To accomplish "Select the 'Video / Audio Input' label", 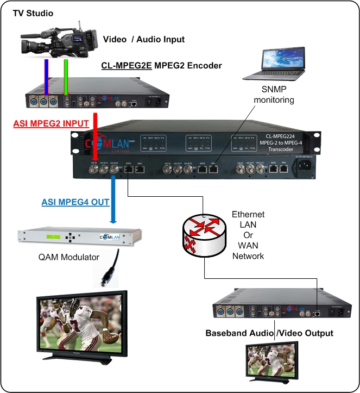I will [144, 39].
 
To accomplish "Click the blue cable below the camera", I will [46, 77].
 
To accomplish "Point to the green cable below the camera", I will [66, 77].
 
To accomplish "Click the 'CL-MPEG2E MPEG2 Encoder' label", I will [161, 66].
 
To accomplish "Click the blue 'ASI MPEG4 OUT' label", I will [75, 202].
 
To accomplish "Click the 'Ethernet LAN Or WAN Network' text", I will [248, 234].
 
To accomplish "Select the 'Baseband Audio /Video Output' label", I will [269, 333].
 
